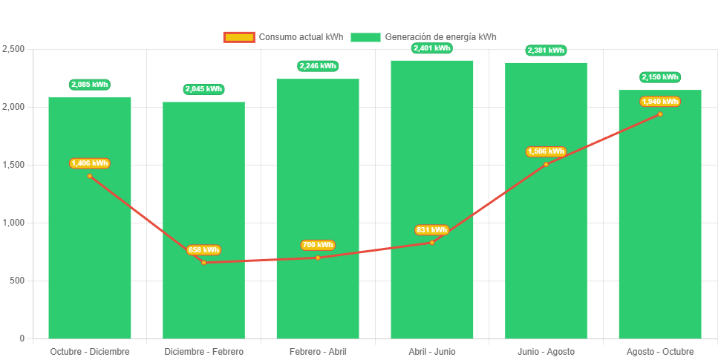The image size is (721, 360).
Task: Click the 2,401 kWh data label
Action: (x=431, y=48)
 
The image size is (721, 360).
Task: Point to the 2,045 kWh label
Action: (x=203, y=89)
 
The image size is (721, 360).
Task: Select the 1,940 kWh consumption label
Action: (x=659, y=101)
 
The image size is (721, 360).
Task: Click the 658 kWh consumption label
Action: (x=203, y=250)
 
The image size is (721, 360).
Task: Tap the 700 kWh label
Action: (x=317, y=245)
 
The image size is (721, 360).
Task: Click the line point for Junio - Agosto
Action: (x=546, y=164)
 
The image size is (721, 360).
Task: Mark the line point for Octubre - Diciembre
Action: (x=90, y=176)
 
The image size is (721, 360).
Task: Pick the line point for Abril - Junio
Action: (x=431, y=242)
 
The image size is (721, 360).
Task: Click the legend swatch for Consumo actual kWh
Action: (x=239, y=37)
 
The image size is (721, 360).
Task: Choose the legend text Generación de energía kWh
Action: (x=440, y=37)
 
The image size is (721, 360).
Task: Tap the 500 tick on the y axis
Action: (x=16, y=281)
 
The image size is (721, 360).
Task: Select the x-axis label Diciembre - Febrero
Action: (x=203, y=351)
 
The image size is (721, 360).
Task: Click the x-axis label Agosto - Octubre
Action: (x=659, y=351)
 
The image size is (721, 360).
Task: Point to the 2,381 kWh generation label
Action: (x=546, y=50)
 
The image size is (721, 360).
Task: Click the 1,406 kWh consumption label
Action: (x=90, y=163)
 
